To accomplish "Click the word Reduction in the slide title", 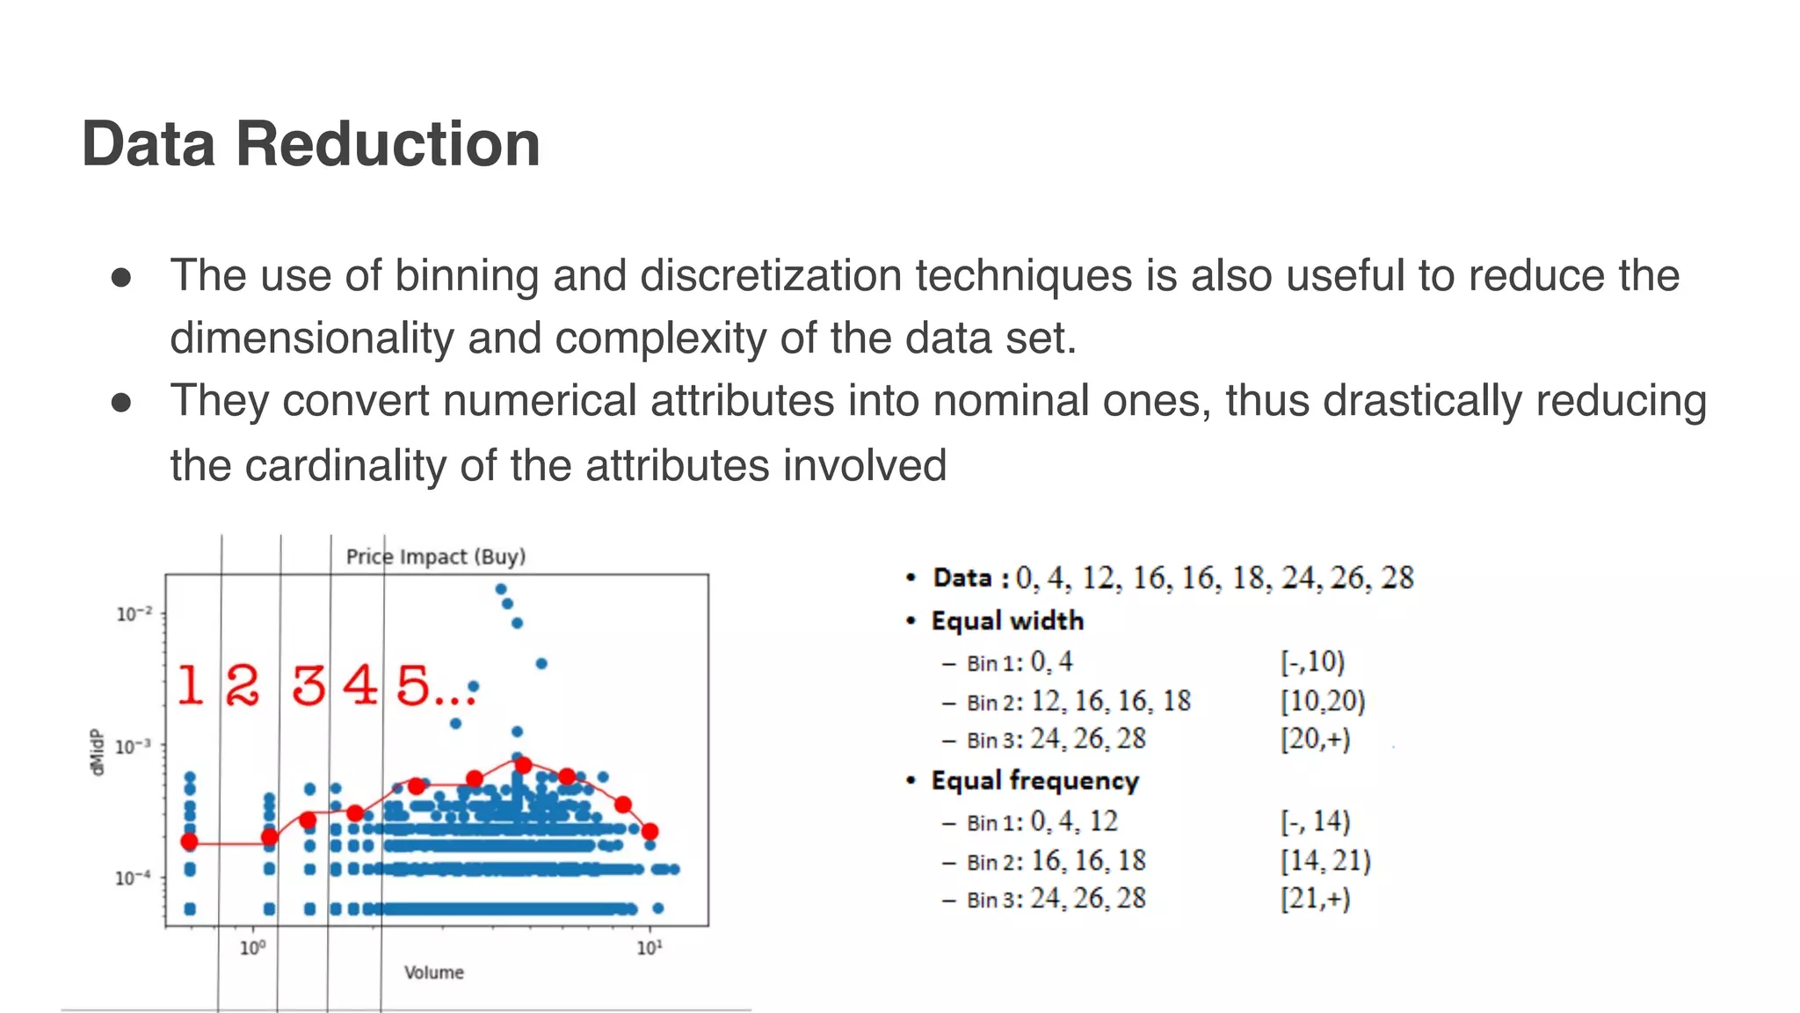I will click(388, 144).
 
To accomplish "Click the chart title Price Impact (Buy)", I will click(435, 557).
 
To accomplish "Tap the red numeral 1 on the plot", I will click(190, 686).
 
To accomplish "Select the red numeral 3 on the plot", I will click(308, 686).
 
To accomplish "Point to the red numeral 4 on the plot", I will click(360, 685).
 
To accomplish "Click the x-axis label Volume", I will click(433, 973).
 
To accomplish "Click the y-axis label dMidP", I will click(98, 752).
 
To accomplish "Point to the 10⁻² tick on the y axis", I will click(134, 614).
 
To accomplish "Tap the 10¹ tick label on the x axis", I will click(649, 948).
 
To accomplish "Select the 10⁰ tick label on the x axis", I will click(252, 948).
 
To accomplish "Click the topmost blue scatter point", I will click(500, 589).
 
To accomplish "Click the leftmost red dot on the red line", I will click(189, 842).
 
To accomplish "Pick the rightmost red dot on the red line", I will click(650, 831).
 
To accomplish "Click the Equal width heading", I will click(1007, 621).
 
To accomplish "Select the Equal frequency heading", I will click(1034, 781).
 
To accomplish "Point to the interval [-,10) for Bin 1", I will click(1312, 662).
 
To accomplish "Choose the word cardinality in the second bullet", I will click(346, 465).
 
